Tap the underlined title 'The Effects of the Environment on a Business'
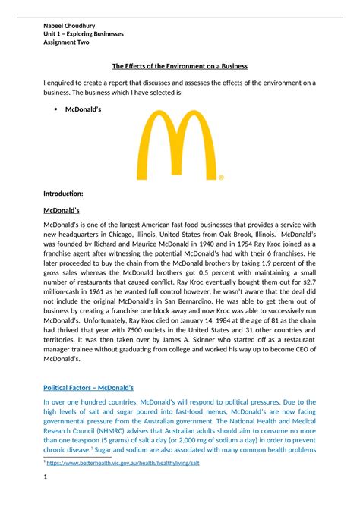coord(180,66)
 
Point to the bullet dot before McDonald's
coord(57,109)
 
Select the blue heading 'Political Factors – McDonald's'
coord(88,388)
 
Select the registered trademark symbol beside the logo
coord(221,178)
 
